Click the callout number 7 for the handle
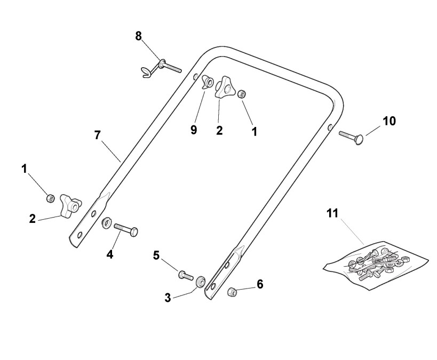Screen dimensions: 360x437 click(x=97, y=135)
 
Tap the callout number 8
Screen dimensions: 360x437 click(x=139, y=36)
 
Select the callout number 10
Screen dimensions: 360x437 click(x=389, y=121)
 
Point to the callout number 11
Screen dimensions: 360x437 click(x=332, y=213)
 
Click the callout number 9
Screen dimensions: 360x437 click(x=194, y=130)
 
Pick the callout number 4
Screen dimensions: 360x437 click(x=110, y=254)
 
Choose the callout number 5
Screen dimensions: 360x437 click(x=156, y=255)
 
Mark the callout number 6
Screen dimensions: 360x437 click(x=260, y=284)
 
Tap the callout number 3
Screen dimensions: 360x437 click(x=168, y=298)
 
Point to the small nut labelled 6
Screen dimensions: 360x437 click(x=233, y=292)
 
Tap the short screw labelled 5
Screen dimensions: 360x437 click(x=185, y=275)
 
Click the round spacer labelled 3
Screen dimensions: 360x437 click(x=201, y=282)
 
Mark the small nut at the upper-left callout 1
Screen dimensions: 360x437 click(x=50, y=197)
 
